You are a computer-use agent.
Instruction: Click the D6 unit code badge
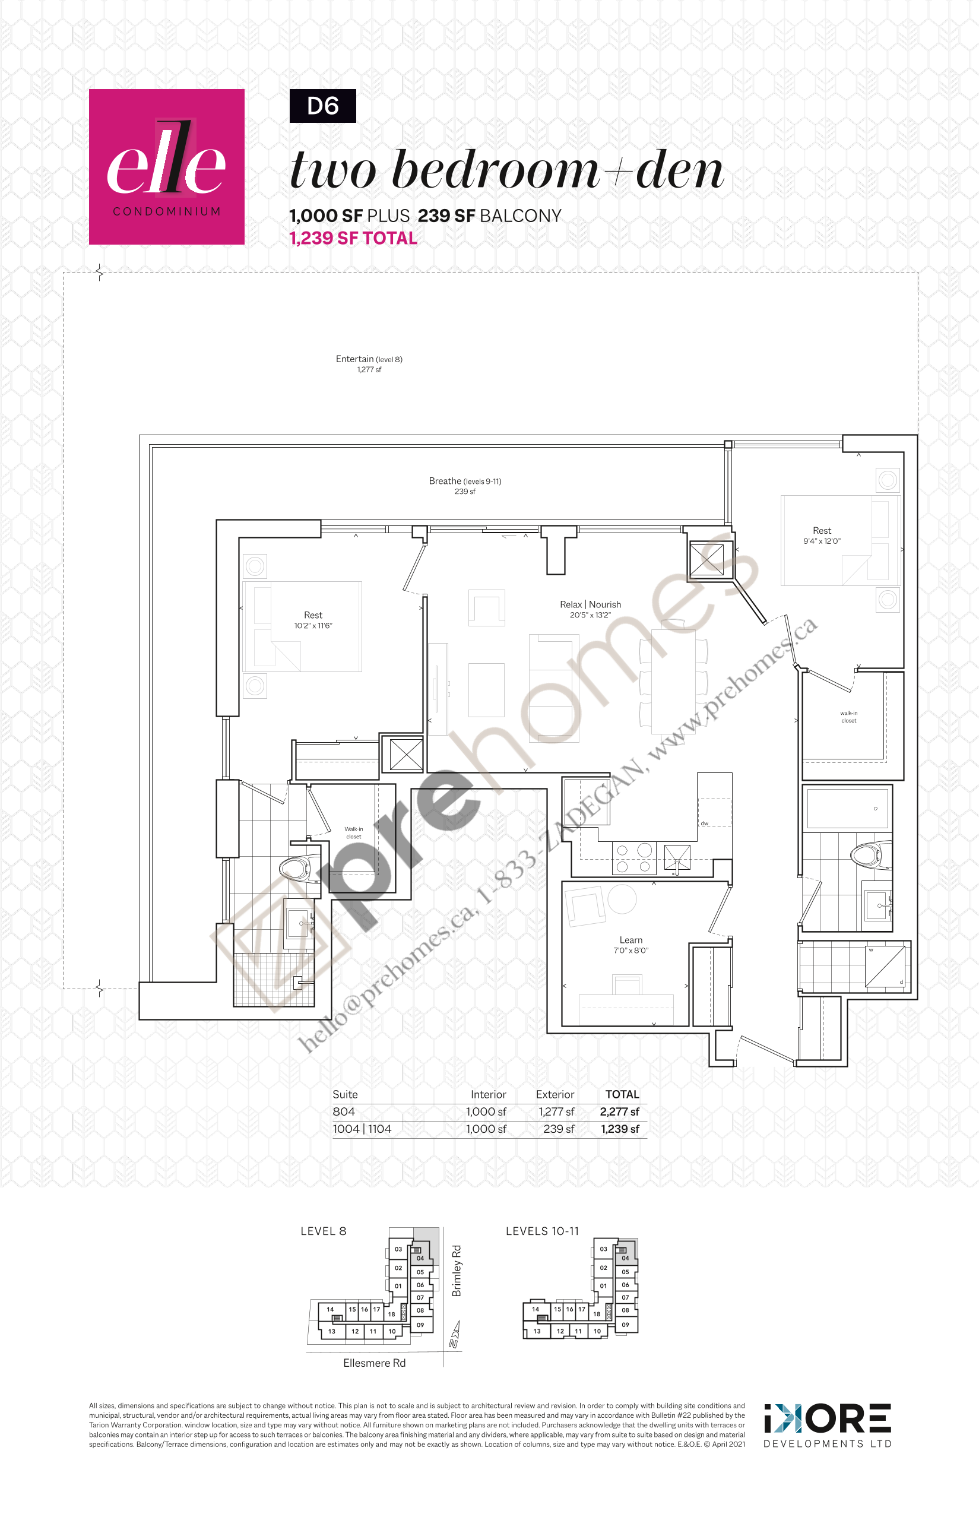click(x=322, y=106)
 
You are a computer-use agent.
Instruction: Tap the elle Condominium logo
click(x=167, y=166)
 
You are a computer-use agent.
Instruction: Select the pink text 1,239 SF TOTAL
click(x=353, y=238)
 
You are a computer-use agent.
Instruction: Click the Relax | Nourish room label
click(x=590, y=604)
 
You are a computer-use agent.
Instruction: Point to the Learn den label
click(x=631, y=940)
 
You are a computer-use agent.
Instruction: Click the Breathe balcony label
click(x=465, y=481)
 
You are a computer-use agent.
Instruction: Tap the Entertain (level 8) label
click(x=369, y=359)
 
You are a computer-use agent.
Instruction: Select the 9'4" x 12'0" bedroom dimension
click(x=821, y=541)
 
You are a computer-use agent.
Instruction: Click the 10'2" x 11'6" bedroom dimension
click(x=313, y=626)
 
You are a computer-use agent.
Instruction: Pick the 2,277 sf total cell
click(x=619, y=1111)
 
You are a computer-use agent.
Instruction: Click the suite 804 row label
click(x=344, y=1111)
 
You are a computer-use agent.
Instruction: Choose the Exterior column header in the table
click(x=555, y=1094)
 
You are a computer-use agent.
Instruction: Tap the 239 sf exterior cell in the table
click(x=558, y=1129)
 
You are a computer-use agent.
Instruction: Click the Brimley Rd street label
click(x=457, y=1271)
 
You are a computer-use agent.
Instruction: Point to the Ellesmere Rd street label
click(x=374, y=1363)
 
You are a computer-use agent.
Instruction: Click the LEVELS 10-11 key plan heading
click(x=542, y=1231)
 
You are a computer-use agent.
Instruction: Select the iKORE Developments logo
click(x=827, y=1426)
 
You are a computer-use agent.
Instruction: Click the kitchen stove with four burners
click(x=634, y=858)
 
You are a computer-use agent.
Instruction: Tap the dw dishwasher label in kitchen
click(x=704, y=823)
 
